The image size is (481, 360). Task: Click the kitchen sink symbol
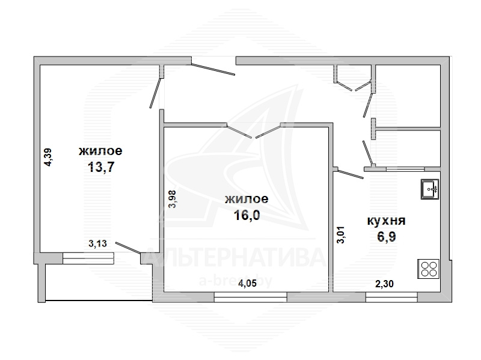click(x=430, y=189)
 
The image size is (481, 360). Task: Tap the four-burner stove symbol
click(x=428, y=269)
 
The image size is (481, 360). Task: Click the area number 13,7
click(x=101, y=167)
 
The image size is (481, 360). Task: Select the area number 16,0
click(x=247, y=215)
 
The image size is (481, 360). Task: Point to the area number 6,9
click(x=386, y=236)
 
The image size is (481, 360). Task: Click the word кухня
click(x=386, y=221)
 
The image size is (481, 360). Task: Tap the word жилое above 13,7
click(x=100, y=151)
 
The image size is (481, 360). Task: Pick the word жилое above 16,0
click(x=247, y=199)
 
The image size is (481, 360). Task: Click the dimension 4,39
click(x=48, y=157)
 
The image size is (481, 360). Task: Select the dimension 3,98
click(x=173, y=200)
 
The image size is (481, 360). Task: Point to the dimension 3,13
click(x=97, y=243)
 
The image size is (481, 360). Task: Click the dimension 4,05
click(x=247, y=283)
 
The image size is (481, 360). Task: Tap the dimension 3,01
click(x=341, y=234)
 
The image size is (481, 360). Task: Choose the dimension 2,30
click(x=384, y=284)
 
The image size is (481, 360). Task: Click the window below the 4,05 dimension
click(x=250, y=297)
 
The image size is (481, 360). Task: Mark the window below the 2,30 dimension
click(x=391, y=297)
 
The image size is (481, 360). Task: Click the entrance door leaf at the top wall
click(x=213, y=69)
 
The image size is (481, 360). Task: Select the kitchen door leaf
click(x=351, y=174)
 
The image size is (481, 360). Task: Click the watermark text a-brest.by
click(x=236, y=281)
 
